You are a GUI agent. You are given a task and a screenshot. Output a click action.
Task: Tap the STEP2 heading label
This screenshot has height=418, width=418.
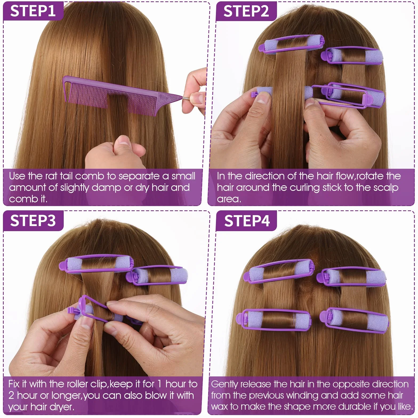tap(246, 11)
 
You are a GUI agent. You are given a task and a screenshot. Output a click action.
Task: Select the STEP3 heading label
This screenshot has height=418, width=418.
tap(33, 220)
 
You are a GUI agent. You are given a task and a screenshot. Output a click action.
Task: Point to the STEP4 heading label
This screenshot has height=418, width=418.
tap(247, 221)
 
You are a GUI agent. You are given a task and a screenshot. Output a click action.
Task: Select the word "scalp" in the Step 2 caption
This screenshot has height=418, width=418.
tap(386, 188)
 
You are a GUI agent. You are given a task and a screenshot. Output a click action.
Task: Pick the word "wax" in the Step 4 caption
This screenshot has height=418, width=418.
tap(220, 407)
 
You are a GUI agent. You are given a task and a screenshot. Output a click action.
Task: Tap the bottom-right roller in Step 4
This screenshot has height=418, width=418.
tap(354, 320)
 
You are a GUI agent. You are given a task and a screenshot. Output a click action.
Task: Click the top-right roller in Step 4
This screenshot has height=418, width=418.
tap(351, 277)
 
